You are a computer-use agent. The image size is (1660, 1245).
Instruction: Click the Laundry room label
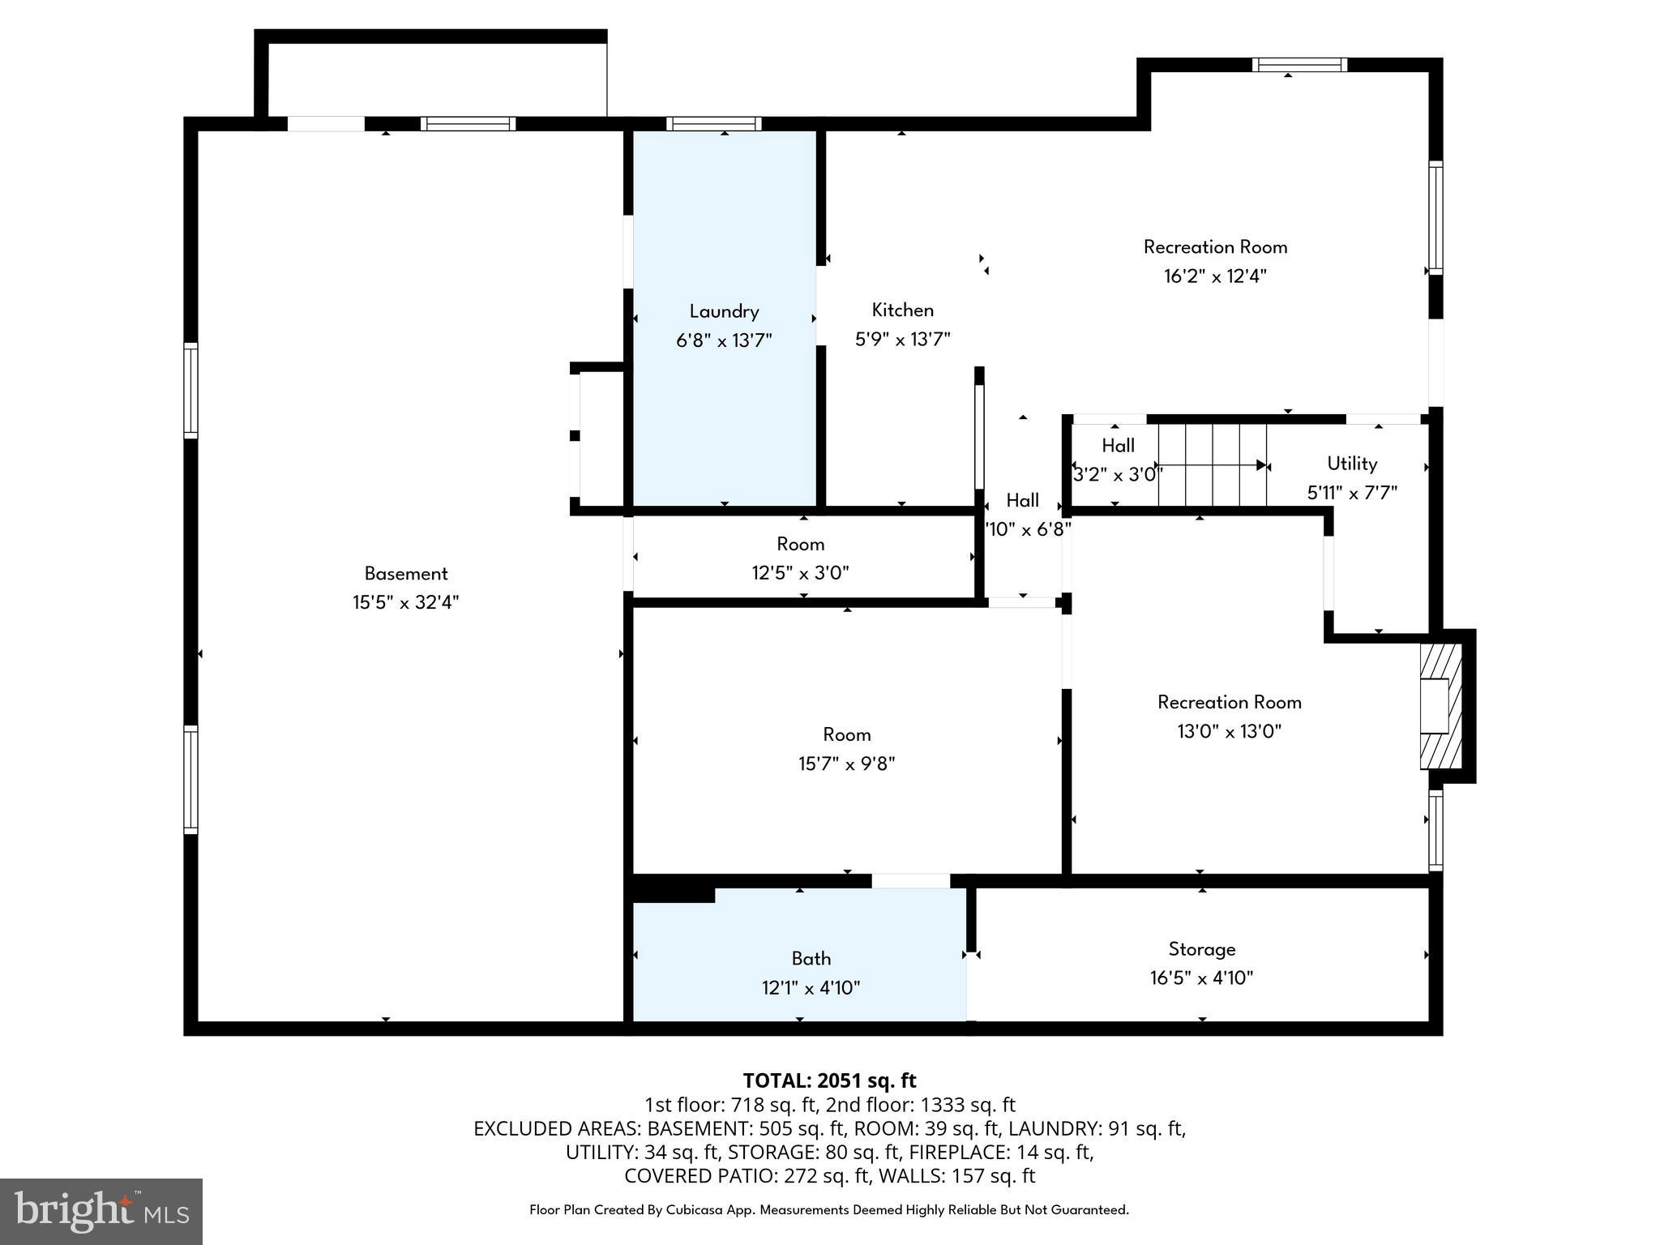[x=724, y=311]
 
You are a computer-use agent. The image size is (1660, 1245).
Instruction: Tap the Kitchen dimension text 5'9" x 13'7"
[x=902, y=339]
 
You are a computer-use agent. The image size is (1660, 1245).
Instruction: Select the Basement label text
[x=405, y=574]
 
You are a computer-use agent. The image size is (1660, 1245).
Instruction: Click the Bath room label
[x=811, y=959]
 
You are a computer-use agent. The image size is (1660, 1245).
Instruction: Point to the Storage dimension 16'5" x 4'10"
[x=1201, y=978]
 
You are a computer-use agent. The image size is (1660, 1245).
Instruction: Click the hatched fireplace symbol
[x=1440, y=705]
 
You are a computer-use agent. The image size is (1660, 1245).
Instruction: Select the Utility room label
[x=1351, y=464]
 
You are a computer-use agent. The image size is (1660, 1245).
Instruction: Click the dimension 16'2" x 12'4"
[x=1215, y=276]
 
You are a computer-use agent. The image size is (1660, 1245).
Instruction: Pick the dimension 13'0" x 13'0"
[x=1229, y=732]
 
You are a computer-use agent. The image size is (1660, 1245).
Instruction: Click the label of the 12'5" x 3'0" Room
[x=800, y=544]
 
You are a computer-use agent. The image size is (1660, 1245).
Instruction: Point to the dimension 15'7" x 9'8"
[x=846, y=764]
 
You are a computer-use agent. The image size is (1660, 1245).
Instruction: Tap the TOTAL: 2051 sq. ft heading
[x=829, y=1080]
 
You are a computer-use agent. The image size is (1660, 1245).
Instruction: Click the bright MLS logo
[x=101, y=1211]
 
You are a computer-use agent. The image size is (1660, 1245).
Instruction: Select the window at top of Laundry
[x=713, y=124]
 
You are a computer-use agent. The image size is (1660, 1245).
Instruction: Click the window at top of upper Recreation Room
[x=1299, y=65]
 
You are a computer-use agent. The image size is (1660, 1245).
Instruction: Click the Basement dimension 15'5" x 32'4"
[x=405, y=603]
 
